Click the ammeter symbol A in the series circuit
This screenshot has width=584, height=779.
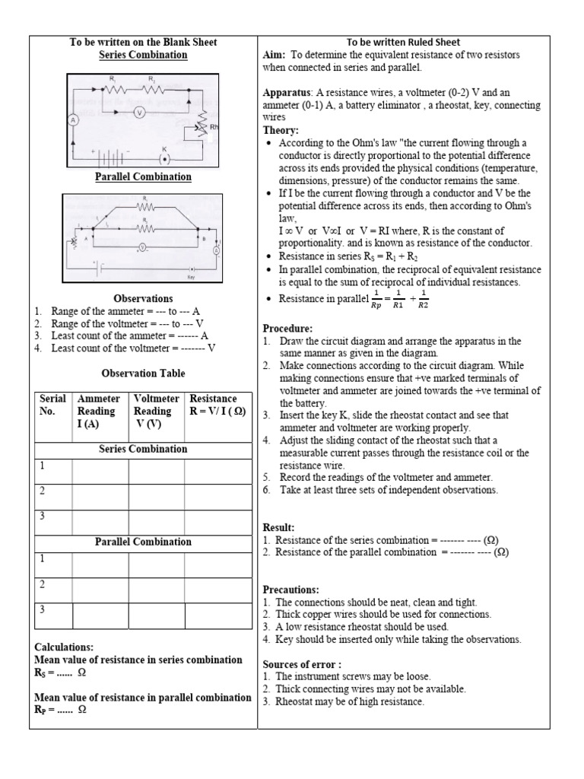tap(74, 119)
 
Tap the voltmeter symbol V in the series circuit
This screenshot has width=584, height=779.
tap(139, 112)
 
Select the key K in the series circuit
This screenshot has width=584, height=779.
tap(164, 159)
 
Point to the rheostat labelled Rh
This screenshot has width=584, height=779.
tap(201, 126)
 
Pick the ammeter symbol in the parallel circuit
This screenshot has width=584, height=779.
tap(216, 250)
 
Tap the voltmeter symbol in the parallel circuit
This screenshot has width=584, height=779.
tap(142, 247)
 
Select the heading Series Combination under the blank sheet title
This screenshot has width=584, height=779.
tap(143, 55)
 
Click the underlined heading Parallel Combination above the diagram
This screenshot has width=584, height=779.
tap(143, 176)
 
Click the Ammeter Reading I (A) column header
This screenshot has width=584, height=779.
tap(100, 411)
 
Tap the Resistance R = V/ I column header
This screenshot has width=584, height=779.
tap(217, 405)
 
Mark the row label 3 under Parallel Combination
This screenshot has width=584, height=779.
tap(43, 610)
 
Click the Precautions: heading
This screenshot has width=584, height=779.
tap(291, 590)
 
